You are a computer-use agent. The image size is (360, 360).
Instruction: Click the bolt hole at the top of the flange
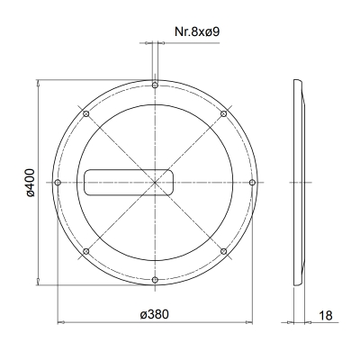click(155, 85)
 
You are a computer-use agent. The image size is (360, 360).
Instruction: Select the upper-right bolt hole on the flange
click(223, 113)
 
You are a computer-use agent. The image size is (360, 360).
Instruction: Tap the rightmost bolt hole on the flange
click(252, 183)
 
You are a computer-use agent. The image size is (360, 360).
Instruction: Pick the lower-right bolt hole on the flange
click(223, 252)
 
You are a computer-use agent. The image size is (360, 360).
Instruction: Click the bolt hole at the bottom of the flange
click(155, 281)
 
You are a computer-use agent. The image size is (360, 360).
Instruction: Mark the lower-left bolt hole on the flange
click(85, 252)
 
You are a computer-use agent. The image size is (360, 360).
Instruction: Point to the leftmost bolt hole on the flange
click(58, 183)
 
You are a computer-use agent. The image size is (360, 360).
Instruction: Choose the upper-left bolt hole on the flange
click(85, 113)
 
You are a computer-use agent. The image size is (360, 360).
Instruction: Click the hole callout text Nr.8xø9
click(198, 33)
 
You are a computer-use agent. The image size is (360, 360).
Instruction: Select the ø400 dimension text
click(28, 183)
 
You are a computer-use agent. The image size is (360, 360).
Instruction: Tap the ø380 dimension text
click(155, 313)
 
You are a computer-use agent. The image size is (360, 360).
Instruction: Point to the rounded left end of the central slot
click(87, 183)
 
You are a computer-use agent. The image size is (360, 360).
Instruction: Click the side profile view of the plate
click(301, 183)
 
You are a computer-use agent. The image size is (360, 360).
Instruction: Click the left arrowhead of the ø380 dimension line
click(61, 320)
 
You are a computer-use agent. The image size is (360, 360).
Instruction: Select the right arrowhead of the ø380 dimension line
click(248, 320)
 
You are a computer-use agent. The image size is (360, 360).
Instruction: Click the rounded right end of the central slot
click(171, 183)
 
